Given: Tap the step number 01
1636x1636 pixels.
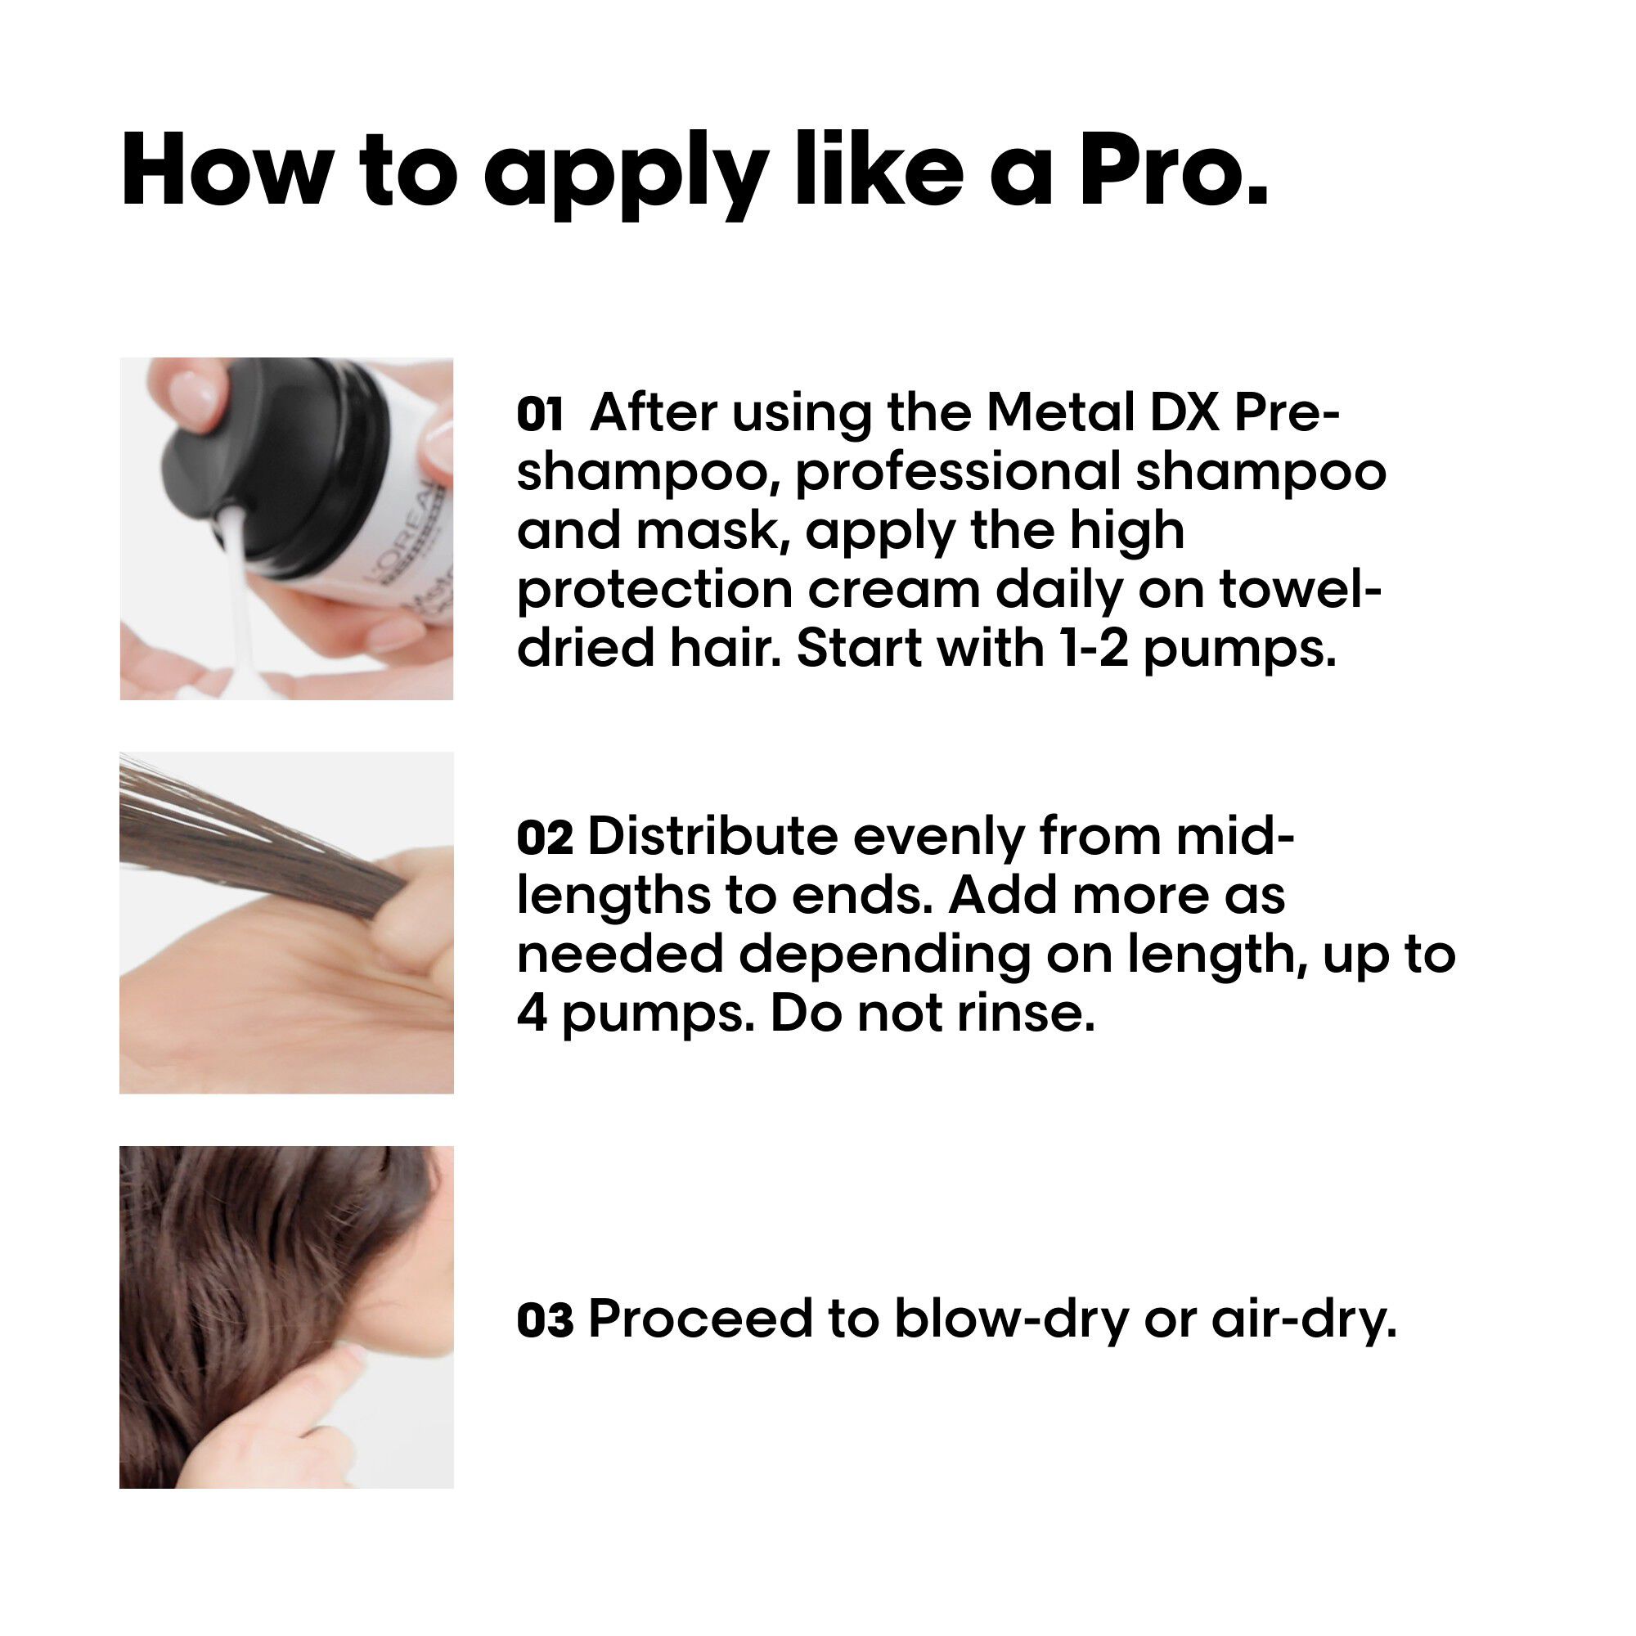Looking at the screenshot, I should click(x=539, y=415).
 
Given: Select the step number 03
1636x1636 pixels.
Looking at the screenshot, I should click(x=545, y=1320).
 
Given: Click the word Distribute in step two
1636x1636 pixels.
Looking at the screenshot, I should click(x=712, y=836).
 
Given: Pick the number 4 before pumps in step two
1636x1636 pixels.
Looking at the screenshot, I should click(x=532, y=1013).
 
